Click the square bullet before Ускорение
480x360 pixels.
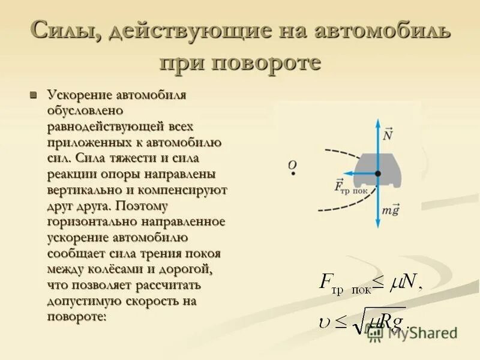(x=34, y=95)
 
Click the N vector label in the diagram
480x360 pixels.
(x=388, y=134)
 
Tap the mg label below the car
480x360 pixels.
(x=391, y=211)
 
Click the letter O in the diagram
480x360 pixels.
(x=292, y=164)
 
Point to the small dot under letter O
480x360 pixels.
(x=293, y=173)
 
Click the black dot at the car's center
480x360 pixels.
(x=377, y=173)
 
